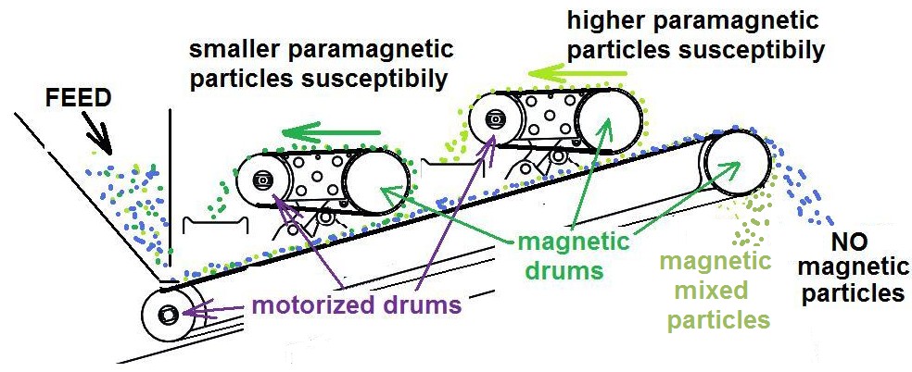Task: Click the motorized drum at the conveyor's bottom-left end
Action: click(169, 313)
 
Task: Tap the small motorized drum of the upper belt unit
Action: click(494, 118)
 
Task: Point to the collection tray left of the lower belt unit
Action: click(216, 224)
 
